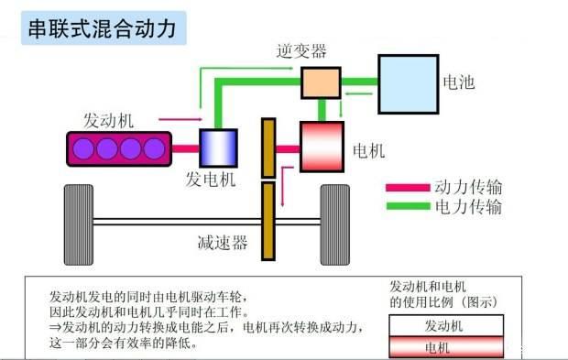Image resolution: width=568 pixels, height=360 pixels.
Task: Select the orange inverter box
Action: [321, 83]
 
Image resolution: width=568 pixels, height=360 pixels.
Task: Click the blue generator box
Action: [218, 147]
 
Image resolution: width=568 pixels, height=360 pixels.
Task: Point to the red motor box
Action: [322, 147]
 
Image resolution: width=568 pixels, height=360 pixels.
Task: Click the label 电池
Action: [459, 82]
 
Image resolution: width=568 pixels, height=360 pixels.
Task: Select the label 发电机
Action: [210, 180]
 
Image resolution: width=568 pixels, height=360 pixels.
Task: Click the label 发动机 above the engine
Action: [108, 120]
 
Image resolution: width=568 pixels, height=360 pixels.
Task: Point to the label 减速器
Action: [223, 243]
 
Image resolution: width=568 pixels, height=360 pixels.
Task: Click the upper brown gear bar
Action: [268, 147]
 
